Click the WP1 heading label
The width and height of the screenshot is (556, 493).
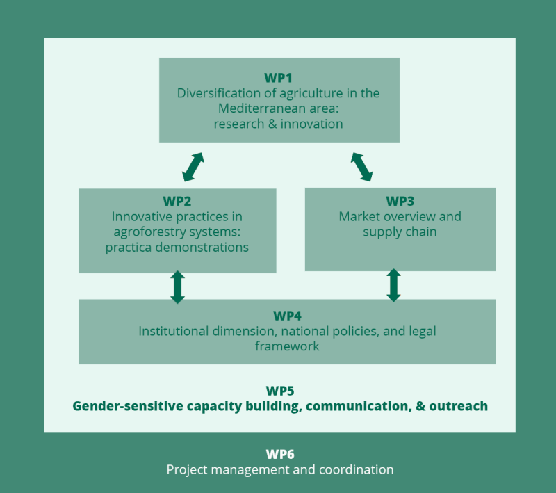[x=279, y=77]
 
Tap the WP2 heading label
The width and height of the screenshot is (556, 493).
[x=177, y=202]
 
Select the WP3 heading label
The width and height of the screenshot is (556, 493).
[x=400, y=201]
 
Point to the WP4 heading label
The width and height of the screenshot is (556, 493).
[x=287, y=316]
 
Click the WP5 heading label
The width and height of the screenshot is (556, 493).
[x=280, y=390]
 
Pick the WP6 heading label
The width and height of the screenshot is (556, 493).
[x=280, y=454]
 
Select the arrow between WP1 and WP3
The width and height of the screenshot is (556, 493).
[x=362, y=166]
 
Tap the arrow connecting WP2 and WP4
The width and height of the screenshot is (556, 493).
[x=177, y=286]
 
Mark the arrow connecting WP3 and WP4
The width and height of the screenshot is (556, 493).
[x=393, y=285]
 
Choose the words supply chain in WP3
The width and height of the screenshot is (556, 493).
[x=400, y=232]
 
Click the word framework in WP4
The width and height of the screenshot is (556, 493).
[x=287, y=346]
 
